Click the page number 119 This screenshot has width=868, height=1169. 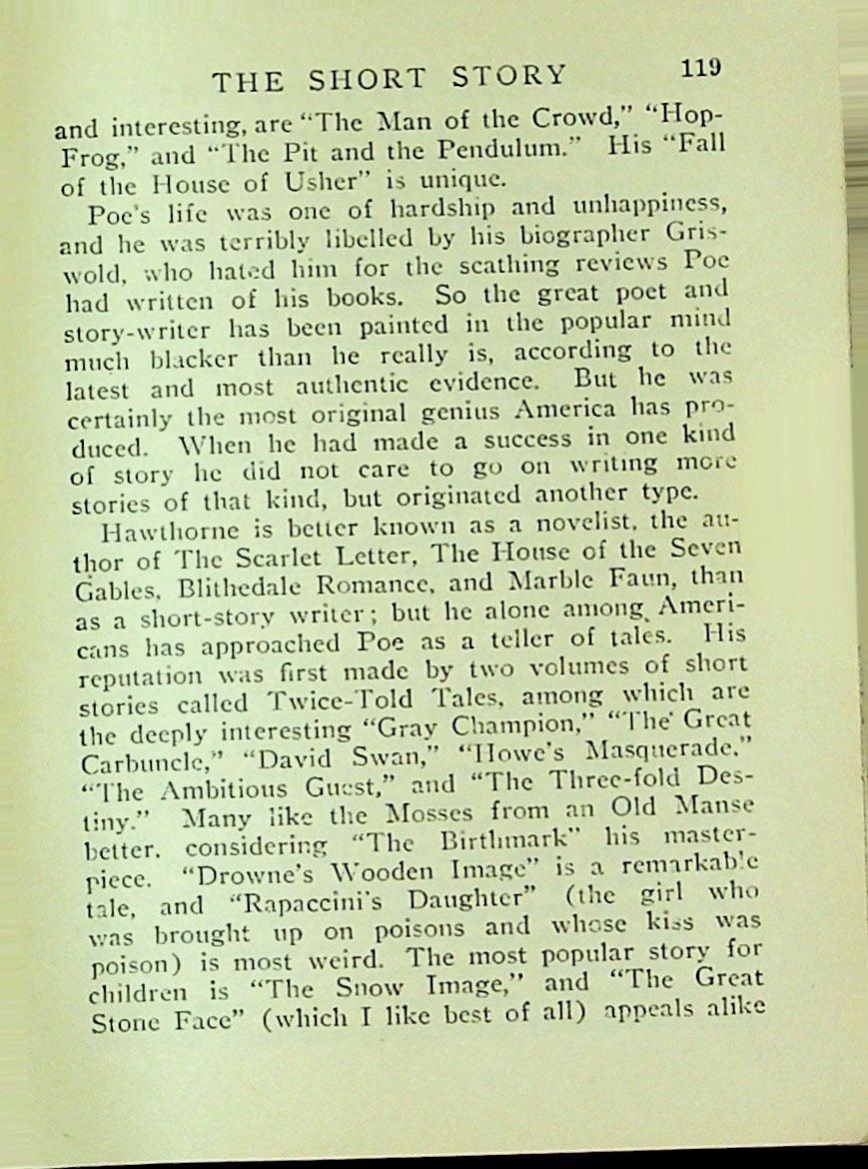pos(700,68)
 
